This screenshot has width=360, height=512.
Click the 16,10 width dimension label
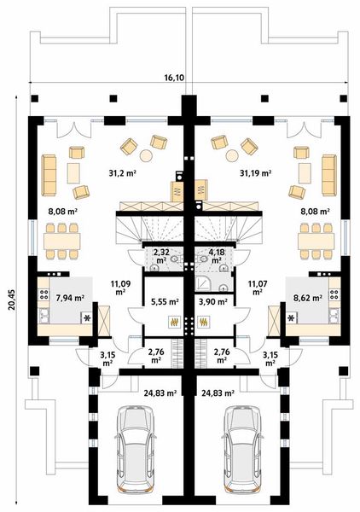pos(175,78)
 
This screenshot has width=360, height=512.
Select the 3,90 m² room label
pos(213,300)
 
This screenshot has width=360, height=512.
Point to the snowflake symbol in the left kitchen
pos(85,317)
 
